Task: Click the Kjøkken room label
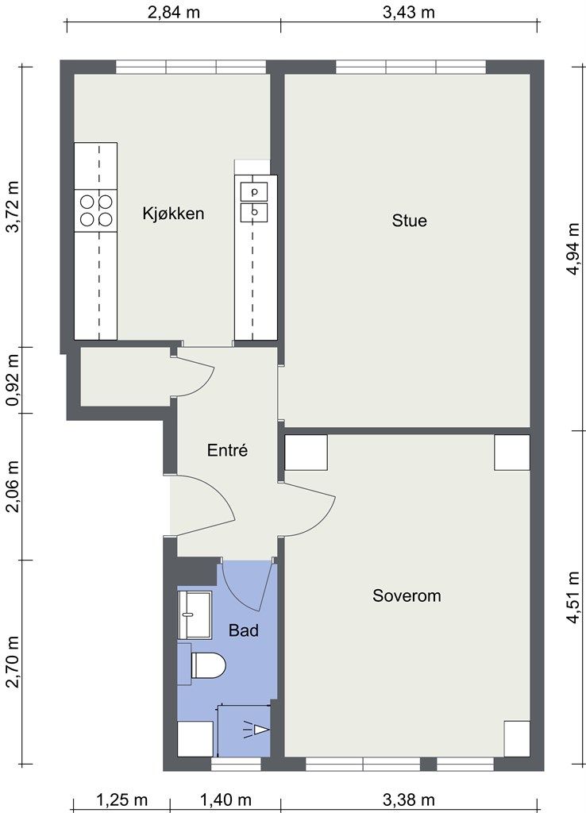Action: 173,214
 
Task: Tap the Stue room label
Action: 409,221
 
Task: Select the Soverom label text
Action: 407,595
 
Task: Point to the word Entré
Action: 227,450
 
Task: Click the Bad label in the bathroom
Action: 243,630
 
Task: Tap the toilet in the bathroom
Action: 209,665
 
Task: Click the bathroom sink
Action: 195,615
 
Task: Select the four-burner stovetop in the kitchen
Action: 96,210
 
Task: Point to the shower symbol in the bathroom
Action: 256,730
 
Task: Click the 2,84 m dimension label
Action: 174,13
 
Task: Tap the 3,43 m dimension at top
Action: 409,13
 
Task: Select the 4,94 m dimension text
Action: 573,249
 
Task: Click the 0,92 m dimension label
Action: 13,380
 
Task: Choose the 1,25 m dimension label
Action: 121,800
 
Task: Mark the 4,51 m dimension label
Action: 573,598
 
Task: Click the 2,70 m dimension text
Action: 13,662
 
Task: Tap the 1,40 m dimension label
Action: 226,800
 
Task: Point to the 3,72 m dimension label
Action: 13,207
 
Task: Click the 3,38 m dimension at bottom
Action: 409,800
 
